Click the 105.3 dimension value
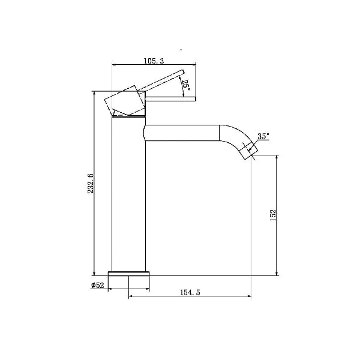click(x=154, y=61)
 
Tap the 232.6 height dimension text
click(x=91, y=183)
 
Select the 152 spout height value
click(x=272, y=215)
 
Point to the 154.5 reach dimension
click(x=190, y=292)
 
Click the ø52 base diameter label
click(x=98, y=286)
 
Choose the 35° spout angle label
click(x=263, y=136)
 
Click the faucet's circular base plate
click(x=128, y=274)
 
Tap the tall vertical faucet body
click(x=128, y=194)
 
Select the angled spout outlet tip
click(x=249, y=151)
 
